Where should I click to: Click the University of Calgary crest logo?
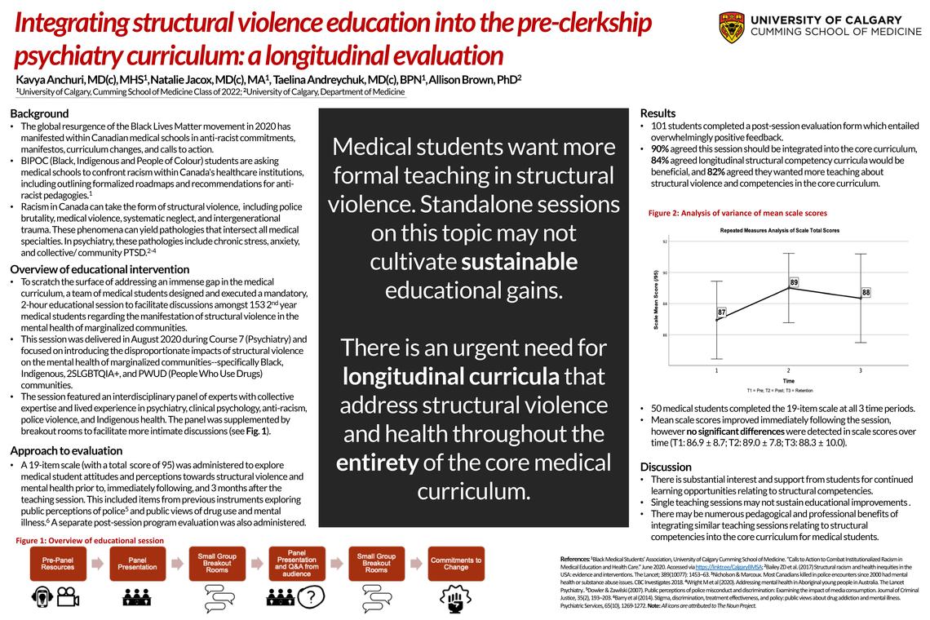tap(731, 27)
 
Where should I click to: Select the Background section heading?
tap(39, 113)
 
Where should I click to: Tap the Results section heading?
tap(658, 113)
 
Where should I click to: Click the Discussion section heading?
tap(666, 467)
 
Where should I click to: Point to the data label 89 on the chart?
tap(794, 282)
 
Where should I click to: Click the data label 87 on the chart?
tap(722, 312)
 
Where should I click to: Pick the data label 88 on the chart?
tap(866, 292)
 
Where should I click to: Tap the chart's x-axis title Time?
tap(789, 381)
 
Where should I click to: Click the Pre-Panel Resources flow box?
tap(58, 563)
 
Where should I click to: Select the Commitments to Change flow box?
tap(455, 563)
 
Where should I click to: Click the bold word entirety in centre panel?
tap(377, 463)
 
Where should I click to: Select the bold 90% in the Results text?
tap(660, 149)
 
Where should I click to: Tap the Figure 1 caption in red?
tap(90, 540)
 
